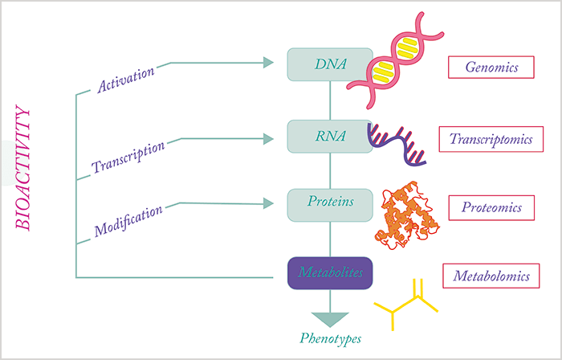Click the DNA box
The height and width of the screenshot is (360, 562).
pos(330,64)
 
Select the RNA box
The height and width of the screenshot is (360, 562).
pos(330,137)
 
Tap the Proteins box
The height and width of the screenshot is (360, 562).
pos(330,205)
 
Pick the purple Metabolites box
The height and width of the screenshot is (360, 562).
pos(330,273)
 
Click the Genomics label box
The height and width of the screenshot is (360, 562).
pos(491,67)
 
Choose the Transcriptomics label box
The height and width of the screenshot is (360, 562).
pos(491,139)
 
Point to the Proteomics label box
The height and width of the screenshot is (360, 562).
pos(491,207)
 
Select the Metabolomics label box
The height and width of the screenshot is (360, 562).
pos(491,276)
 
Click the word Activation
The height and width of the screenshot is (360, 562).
pos(126,80)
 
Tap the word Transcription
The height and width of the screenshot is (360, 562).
pos(128,157)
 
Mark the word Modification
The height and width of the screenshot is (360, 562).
pos(128,221)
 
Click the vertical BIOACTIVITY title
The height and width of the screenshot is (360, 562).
pos(23,167)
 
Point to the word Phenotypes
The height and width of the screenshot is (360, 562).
pos(331,338)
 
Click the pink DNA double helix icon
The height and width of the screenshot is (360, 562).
pos(395,60)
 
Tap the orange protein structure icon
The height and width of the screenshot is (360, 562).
pos(407,215)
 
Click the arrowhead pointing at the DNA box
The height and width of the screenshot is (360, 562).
pos(268,63)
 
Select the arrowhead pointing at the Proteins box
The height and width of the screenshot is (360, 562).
pos(268,203)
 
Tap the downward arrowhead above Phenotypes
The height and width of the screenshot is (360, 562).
pos(330,319)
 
